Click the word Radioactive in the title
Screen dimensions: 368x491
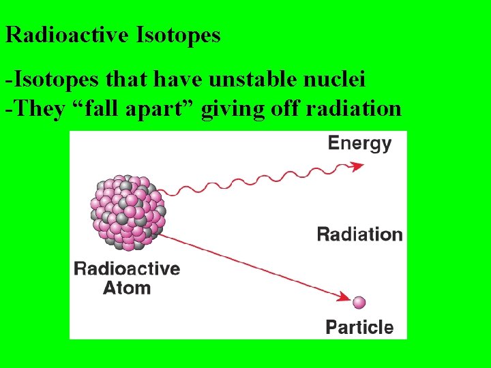pyautogui.click(x=67, y=35)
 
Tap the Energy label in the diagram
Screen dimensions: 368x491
pyautogui.click(x=359, y=144)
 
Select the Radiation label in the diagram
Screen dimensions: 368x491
pyautogui.click(x=360, y=234)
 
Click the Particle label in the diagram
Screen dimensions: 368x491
pyautogui.click(x=359, y=327)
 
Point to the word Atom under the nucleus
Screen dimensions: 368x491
pyautogui.click(x=127, y=288)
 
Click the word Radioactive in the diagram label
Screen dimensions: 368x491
pyautogui.click(x=127, y=269)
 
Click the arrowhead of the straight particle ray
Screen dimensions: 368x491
pyautogui.click(x=344, y=296)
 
